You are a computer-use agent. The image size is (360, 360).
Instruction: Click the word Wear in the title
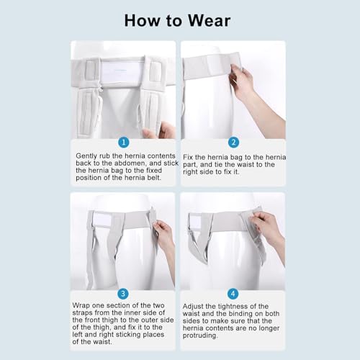pos(209,21)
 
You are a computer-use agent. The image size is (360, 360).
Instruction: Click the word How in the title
pos(143,21)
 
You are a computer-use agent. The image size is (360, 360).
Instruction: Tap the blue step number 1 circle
pos(124,143)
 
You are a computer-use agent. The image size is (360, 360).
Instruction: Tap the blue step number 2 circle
pos(233,143)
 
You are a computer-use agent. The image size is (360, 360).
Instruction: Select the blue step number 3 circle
pos(123,294)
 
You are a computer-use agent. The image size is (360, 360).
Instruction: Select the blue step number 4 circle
pos(233,294)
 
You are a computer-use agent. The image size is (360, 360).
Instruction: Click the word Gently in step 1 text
pos(86,156)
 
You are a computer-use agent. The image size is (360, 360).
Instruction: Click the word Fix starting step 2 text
pos(188,157)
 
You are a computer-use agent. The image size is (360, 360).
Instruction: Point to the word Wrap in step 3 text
pos(81,305)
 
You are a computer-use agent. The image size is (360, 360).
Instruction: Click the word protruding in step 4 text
pos(200,336)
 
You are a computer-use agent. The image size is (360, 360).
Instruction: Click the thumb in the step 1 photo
pos(149,133)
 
